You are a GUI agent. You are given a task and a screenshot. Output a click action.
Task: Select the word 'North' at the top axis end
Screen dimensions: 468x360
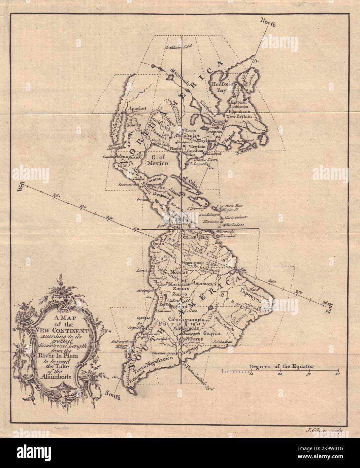[x=268, y=24]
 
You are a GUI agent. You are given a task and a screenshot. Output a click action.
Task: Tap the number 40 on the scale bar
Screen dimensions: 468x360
[x=337, y=374]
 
